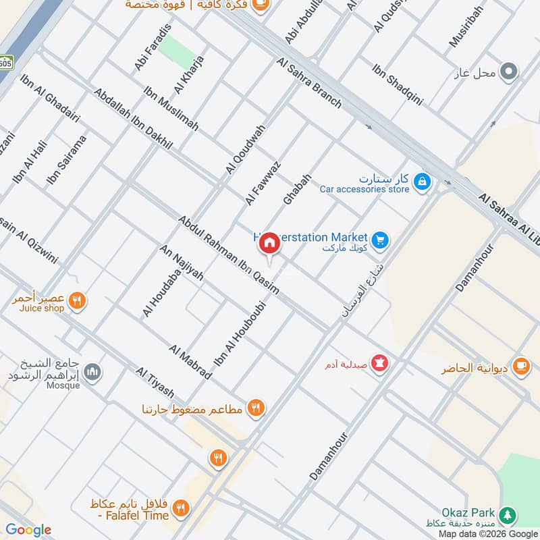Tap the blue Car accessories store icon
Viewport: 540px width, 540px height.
[423, 182]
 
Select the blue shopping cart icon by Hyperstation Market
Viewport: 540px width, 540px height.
[380, 239]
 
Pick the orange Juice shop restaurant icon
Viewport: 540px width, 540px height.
[78, 301]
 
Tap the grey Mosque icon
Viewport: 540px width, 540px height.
[93, 372]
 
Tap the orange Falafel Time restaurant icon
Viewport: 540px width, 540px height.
[180, 508]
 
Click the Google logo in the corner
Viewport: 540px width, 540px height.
[28, 530]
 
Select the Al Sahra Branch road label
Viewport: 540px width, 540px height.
[308, 82]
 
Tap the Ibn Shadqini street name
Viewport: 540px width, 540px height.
[398, 84]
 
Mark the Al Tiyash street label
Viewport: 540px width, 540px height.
[155, 383]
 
